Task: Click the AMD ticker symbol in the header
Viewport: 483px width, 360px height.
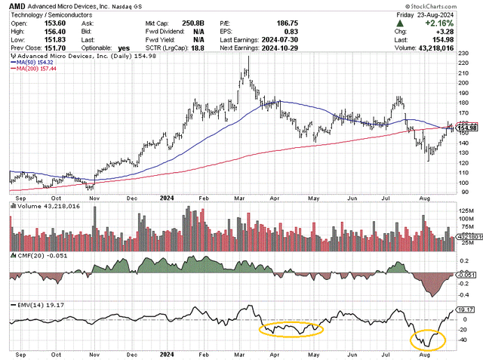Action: click(x=17, y=6)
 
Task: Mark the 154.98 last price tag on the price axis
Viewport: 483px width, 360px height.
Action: click(x=467, y=129)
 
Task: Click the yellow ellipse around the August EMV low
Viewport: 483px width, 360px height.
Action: click(x=427, y=340)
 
